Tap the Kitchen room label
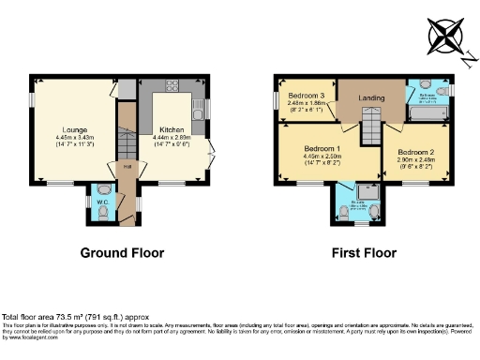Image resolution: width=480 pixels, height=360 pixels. (171, 129)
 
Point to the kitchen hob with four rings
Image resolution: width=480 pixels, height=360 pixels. (172, 85)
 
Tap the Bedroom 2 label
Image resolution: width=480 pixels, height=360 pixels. (415, 152)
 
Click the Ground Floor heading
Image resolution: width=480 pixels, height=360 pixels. (122, 253)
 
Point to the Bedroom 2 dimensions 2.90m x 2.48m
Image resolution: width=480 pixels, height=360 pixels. (415, 161)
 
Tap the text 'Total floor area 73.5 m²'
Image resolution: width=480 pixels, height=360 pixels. (56, 316)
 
